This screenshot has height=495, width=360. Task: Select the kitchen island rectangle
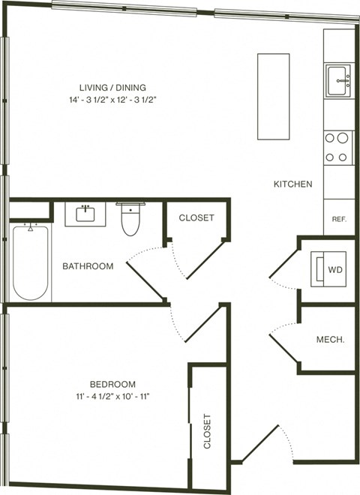click(273, 96)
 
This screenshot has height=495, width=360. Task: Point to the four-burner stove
click(338, 147)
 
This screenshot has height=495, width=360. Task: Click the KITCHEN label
click(292, 184)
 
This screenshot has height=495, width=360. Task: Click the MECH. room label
click(331, 340)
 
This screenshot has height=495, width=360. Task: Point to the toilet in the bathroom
click(130, 217)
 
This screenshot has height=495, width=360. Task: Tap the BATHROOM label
click(88, 266)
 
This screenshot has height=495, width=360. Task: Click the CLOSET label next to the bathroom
click(196, 217)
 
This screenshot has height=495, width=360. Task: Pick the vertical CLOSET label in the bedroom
click(208, 431)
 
